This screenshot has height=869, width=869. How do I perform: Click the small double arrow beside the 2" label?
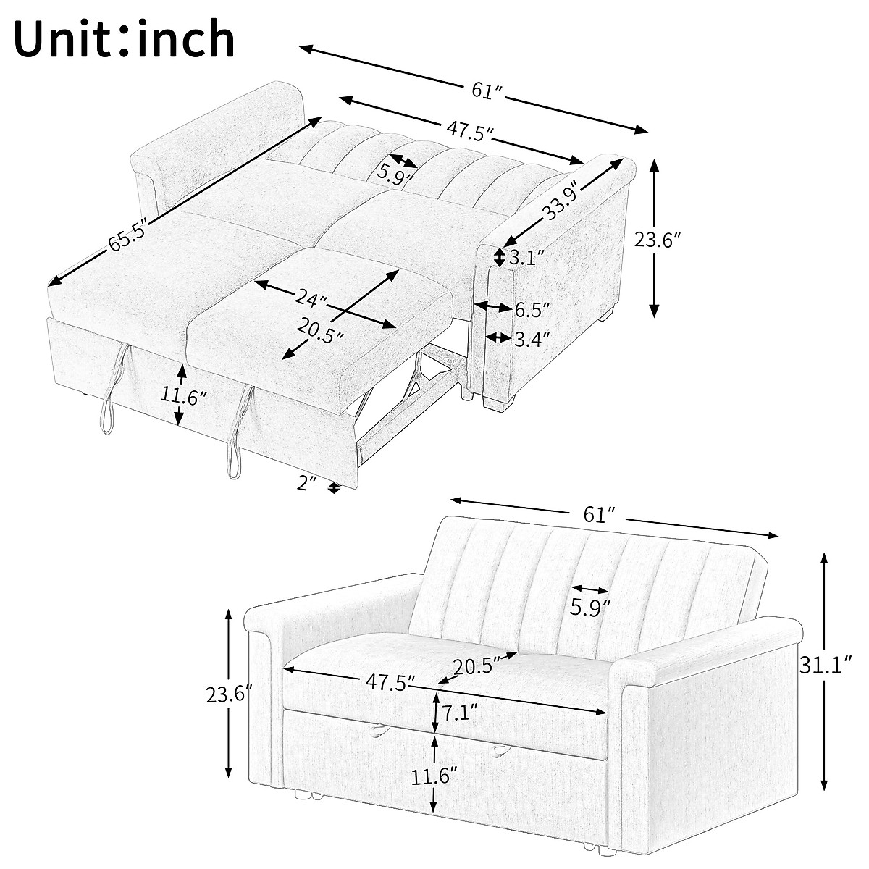334,488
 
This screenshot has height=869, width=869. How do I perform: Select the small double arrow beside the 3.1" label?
500,256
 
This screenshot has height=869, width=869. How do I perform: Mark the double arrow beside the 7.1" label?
435,711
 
